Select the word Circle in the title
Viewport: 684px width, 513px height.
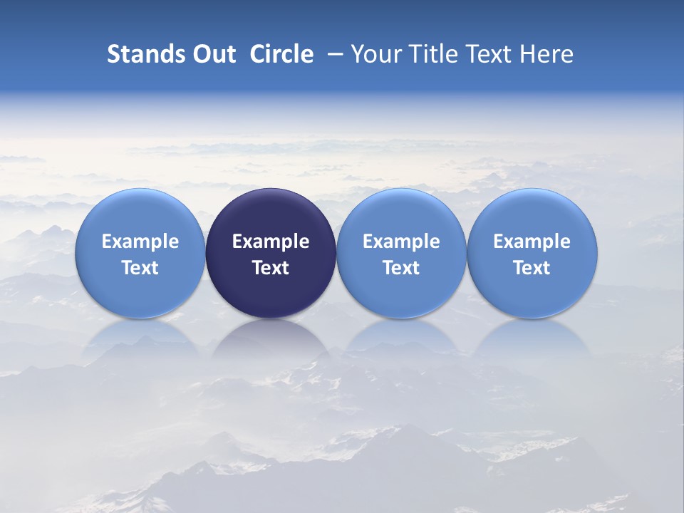[x=281, y=54]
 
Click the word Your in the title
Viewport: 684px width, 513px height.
[x=375, y=54]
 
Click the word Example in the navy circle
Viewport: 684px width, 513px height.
[x=271, y=242]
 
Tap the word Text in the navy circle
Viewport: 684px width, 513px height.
[x=271, y=268]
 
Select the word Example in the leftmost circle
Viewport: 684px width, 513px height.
[x=140, y=242]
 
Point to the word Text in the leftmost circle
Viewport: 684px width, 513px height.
[x=140, y=268]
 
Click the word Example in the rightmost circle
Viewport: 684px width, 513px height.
[x=532, y=242]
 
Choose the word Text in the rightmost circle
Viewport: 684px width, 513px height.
[x=532, y=268]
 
